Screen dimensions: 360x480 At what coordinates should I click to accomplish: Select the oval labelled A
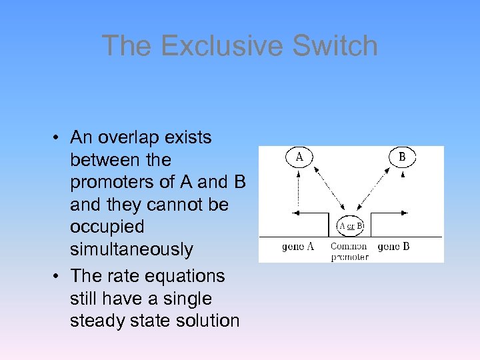tap(299, 157)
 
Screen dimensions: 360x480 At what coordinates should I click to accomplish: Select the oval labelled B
tap(402, 157)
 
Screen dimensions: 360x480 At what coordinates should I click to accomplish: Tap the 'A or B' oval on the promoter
tap(351, 225)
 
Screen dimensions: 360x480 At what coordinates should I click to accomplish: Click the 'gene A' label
tap(297, 247)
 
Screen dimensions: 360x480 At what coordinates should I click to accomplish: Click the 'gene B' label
tap(393, 247)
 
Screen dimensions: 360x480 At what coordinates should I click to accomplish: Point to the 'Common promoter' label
tap(349, 251)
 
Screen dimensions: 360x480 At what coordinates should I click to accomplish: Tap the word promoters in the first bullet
tap(113, 183)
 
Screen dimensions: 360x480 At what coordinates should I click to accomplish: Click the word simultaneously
tap(131, 250)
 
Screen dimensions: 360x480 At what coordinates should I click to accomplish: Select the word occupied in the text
tap(107, 227)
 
